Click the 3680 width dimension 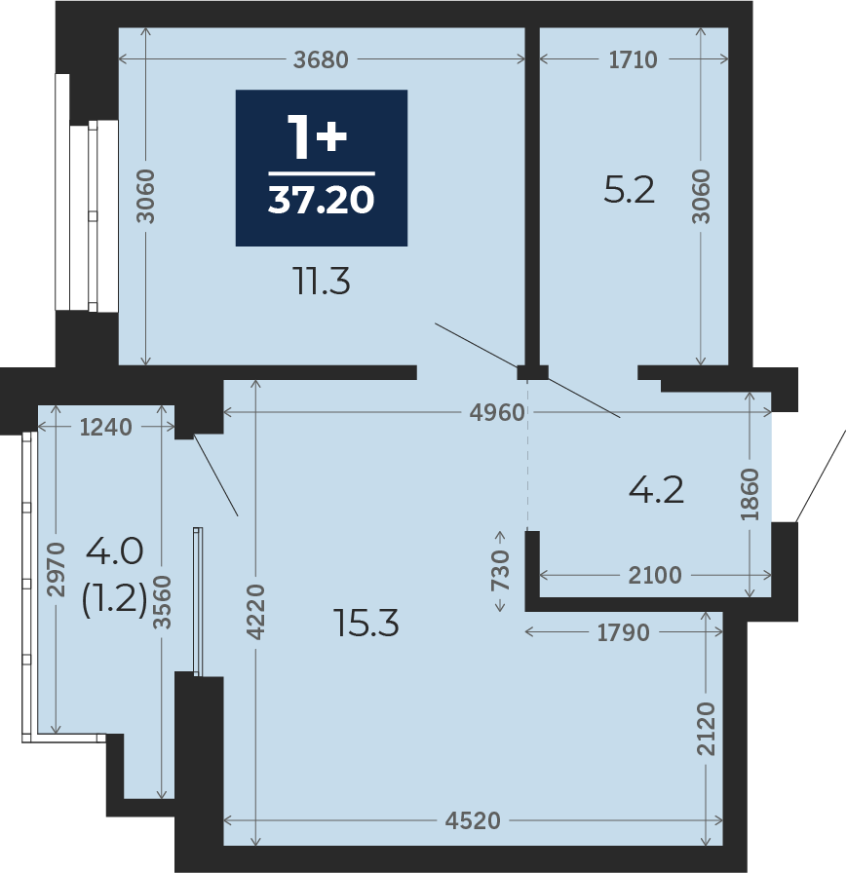tap(321, 59)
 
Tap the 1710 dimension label tap(634, 59)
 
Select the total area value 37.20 tap(322, 201)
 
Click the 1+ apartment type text tap(317, 137)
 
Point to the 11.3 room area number tap(322, 282)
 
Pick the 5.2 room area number tap(630, 190)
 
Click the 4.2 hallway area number tap(656, 490)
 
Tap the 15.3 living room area tap(366, 623)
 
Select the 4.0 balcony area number tap(115, 551)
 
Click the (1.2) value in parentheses tap(114, 599)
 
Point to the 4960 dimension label tap(497, 412)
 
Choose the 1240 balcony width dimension tap(106, 427)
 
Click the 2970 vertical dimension tap(57, 570)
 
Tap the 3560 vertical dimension tap(163, 602)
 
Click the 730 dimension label tap(500, 570)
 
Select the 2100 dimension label tap(655, 575)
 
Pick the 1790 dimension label tap(623, 632)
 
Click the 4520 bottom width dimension tap(473, 820)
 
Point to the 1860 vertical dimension tap(751, 495)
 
